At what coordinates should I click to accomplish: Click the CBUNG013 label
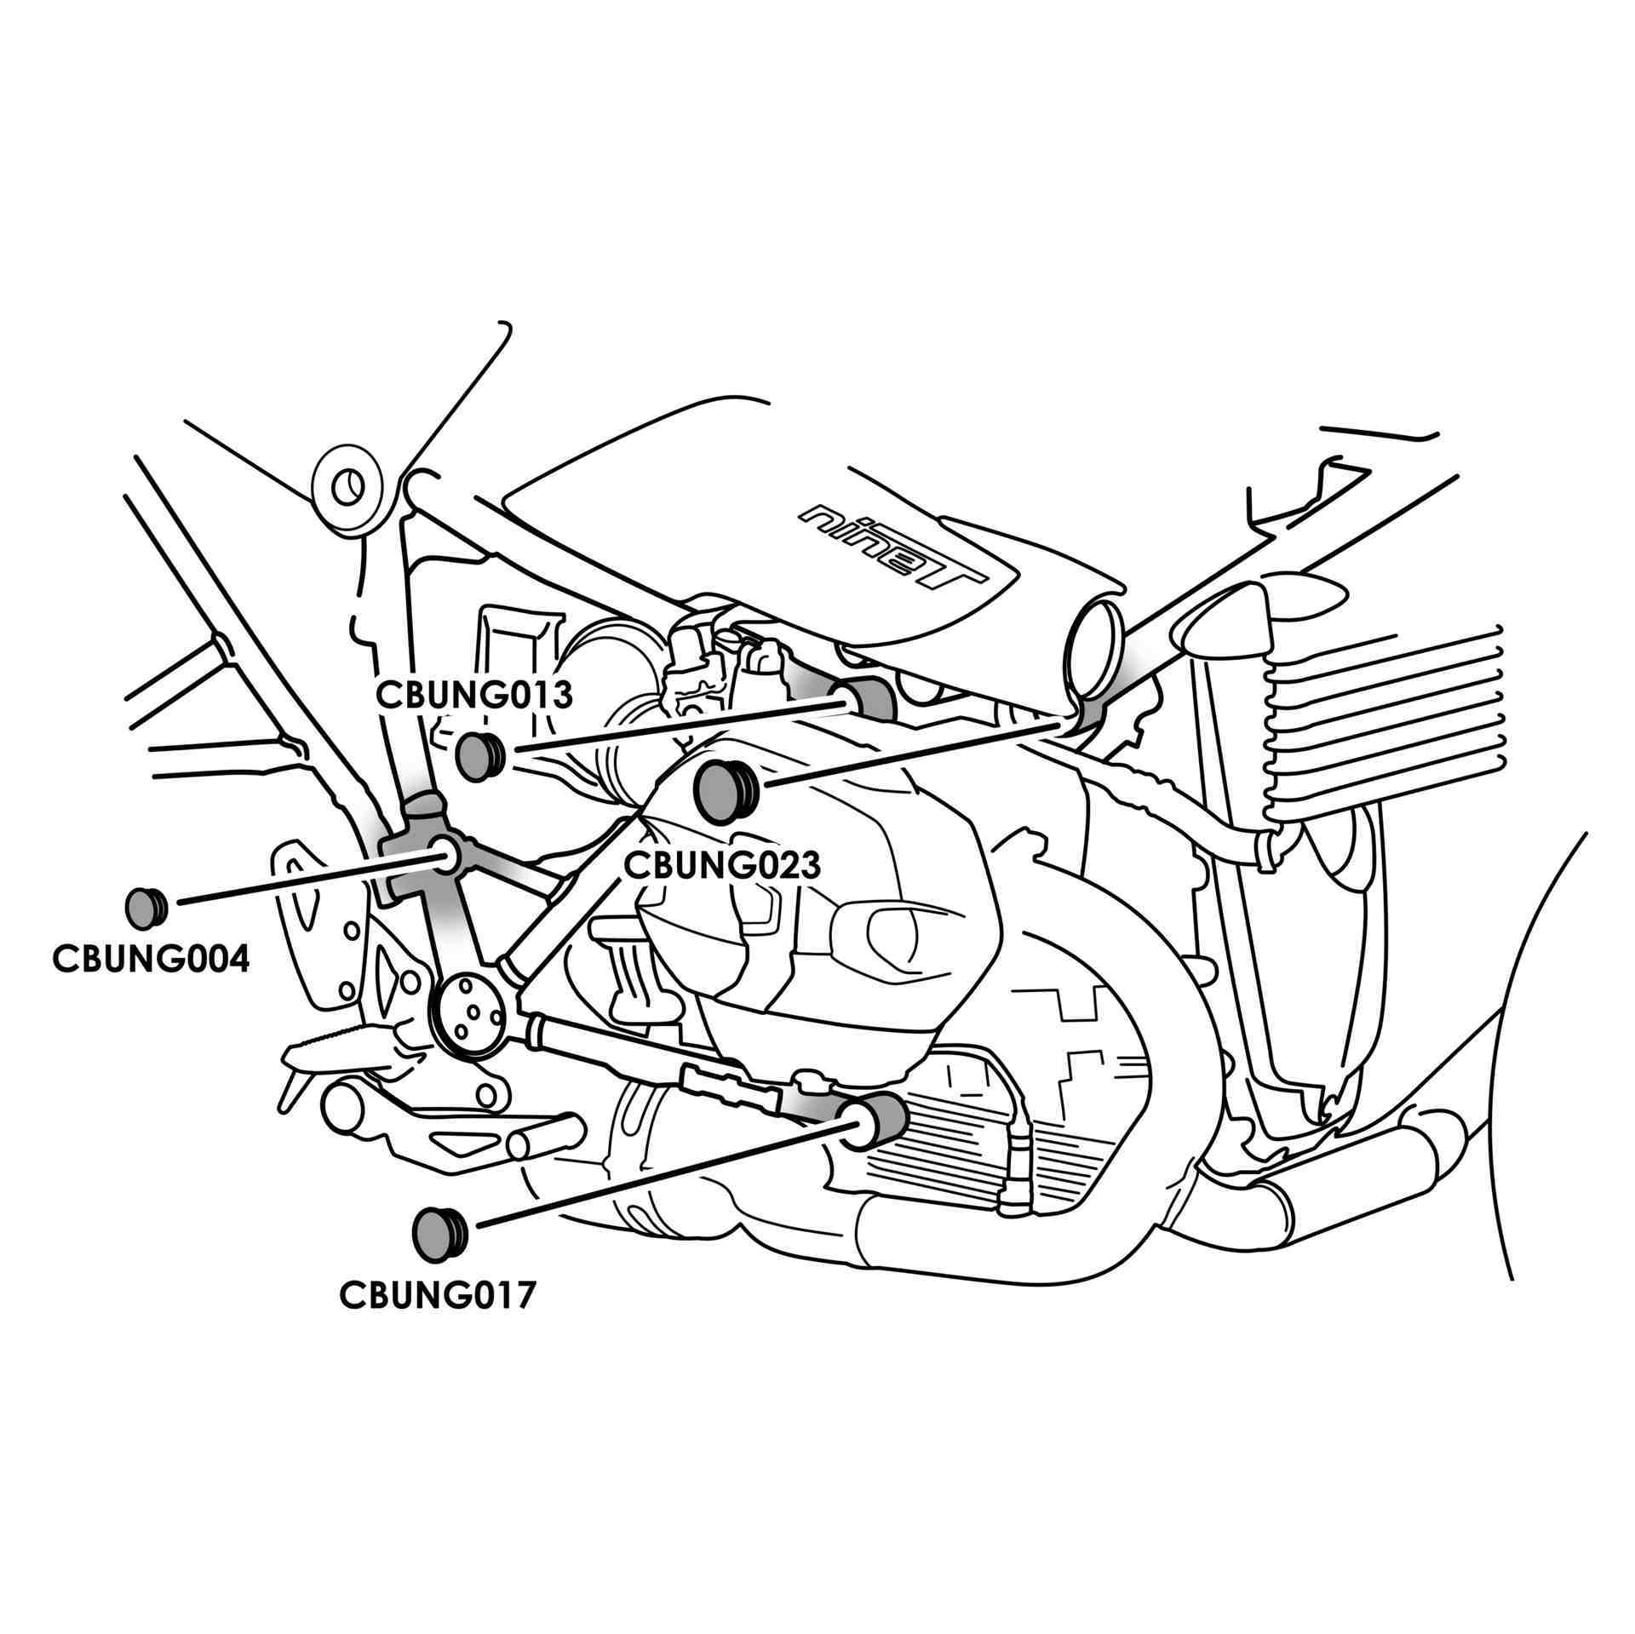pyautogui.click(x=474, y=695)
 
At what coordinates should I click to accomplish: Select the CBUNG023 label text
pyautogui.click(x=722, y=865)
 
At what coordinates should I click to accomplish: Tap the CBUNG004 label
pyautogui.click(x=151, y=959)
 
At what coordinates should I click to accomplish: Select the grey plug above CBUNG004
pyautogui.click(x=145, y=908)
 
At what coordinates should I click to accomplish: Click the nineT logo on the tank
pyautogui.click(x=894, y=550)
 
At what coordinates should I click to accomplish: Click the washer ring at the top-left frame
pyautogui.click(x=347, y=490)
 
